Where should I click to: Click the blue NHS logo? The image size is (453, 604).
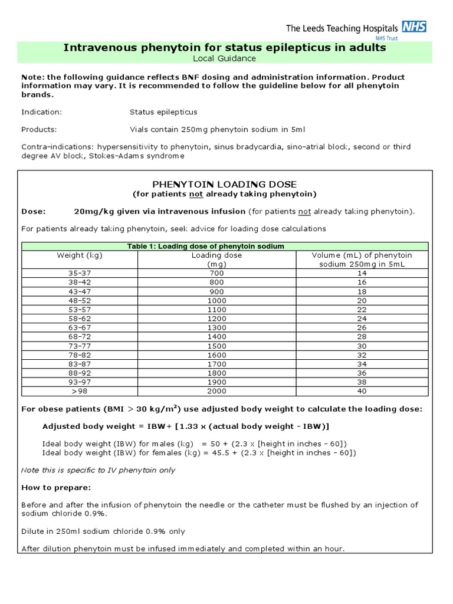click(413, 26)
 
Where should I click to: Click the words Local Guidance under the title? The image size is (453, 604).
click(224, 58)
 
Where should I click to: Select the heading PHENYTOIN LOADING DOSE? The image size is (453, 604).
click(224, 184)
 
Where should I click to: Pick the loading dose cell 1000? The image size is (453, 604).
click(217, 300)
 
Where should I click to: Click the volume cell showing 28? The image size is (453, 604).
click(362, 336)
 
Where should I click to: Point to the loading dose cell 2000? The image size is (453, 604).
click(217, 390)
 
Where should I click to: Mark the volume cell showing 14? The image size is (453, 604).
click(362, 274)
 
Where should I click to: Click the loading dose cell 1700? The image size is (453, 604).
click(217, 363)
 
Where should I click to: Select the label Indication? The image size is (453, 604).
click(41, 111)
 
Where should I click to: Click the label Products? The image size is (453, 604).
click(39, 129)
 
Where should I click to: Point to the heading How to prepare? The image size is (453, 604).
click(57, 487)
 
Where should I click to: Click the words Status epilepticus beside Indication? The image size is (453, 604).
click(163, 111)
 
